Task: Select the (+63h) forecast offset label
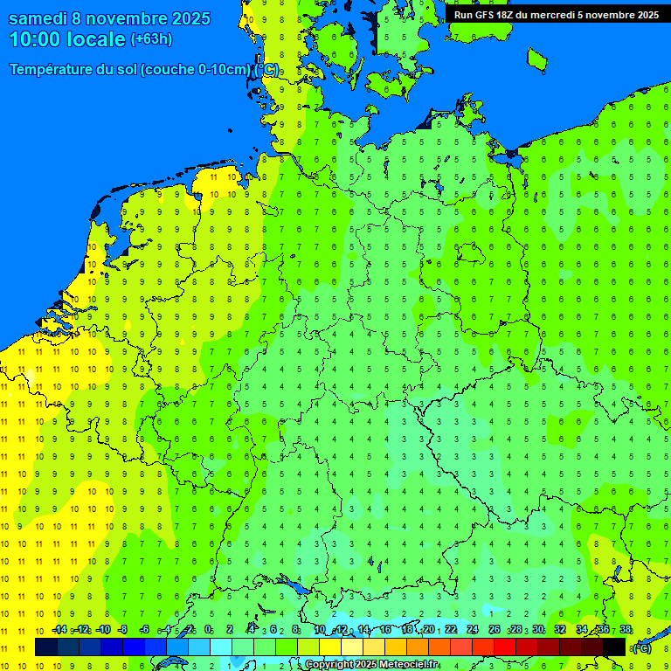tap(151, 39)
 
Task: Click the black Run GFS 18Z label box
tap(556, 15)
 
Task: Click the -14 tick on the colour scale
tap(59, 630)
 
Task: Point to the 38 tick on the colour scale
tap(626, 630)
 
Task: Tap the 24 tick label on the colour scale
tap(473, 630)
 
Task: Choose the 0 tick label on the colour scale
tap(209, 630)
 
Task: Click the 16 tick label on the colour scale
tap(385, 630)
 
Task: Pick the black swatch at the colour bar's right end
tap(614, 647)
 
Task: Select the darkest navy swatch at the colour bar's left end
tap(46, 647)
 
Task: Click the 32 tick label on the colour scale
tap(560, 630)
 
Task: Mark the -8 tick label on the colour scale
tap(123, 630)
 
